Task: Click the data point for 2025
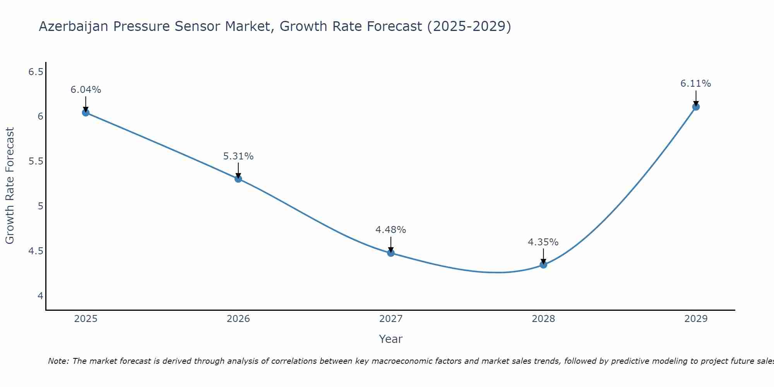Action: tap(86, 113)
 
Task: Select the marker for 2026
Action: tap(238, 179)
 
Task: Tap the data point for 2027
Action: tap(391, 253)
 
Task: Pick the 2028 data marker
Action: tap(543, 265)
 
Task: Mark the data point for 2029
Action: tap(696, 107)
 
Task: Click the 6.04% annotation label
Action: tap(86, 90)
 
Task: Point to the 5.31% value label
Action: tap(238, 156)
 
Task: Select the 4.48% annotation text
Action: tap(391, 230)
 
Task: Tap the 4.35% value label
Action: tap(543, 242)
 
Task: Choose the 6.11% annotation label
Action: tap(696, 84)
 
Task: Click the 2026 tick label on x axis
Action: tap(238, 319)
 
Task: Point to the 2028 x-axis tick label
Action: tap(543, 319)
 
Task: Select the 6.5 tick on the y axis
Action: tap(36, 72)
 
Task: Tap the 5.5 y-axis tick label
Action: tap(36, 161)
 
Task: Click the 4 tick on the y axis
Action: tap(40, 296)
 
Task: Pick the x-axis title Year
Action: tap(391, 339)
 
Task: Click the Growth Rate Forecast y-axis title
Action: tap(10, 186)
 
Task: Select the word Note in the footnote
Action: tap(58, 361)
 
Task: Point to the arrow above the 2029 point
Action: tap(696, 98)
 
